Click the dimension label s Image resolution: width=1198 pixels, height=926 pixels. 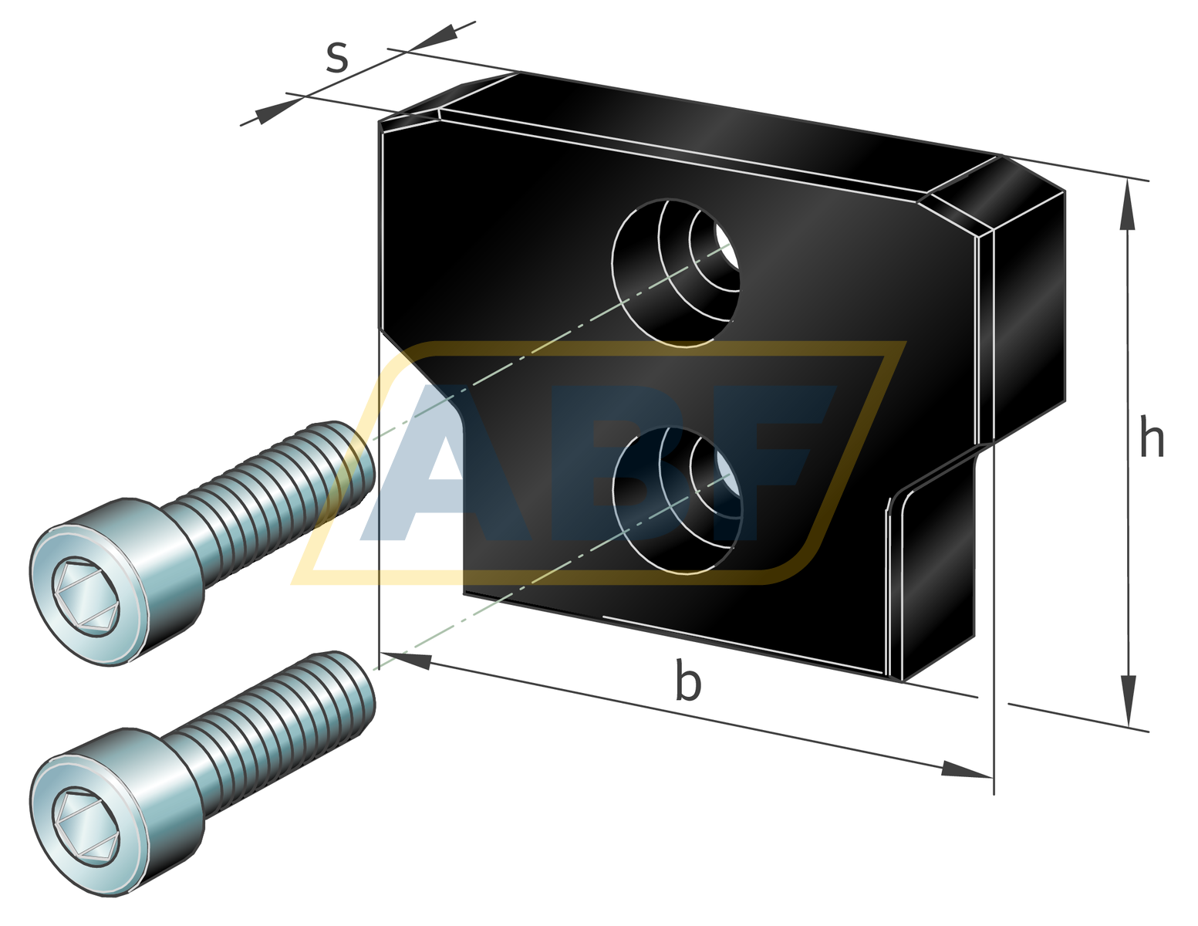336,58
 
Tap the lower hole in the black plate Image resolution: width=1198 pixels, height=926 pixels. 677,500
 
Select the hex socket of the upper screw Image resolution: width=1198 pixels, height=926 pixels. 86,596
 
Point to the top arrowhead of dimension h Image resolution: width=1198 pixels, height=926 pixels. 1128,204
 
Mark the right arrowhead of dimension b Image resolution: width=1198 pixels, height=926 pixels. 966,770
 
